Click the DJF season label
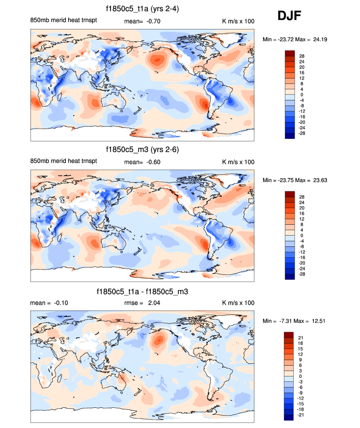coord(289,16)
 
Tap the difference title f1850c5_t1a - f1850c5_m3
coord(143,292)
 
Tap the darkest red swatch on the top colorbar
coord(289,53)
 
